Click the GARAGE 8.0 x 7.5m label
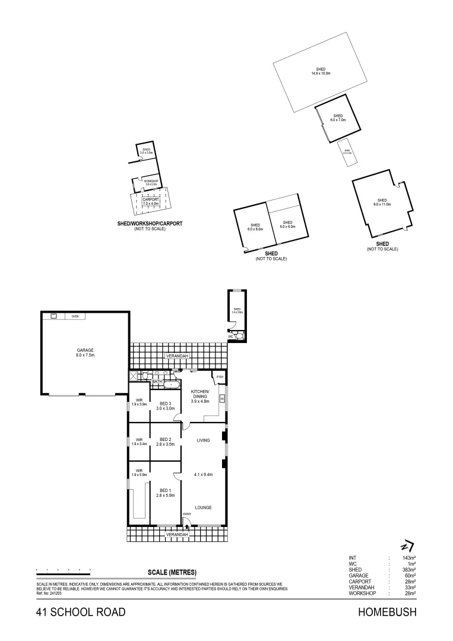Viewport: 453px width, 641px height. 85,353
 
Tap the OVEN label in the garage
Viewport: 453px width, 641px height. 75,316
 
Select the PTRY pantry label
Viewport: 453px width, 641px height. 220,378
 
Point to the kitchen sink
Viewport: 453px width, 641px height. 221,398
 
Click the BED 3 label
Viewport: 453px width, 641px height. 165,406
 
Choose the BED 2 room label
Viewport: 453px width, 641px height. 165,440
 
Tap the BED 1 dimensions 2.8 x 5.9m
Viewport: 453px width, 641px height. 165,495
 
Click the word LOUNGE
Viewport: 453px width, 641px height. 204,507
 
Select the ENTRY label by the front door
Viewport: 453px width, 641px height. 186,514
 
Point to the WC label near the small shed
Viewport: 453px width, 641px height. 231,337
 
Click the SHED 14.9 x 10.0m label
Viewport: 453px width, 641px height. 321,72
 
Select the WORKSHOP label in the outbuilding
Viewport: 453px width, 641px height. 150,182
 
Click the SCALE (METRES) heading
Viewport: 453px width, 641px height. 172,572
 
